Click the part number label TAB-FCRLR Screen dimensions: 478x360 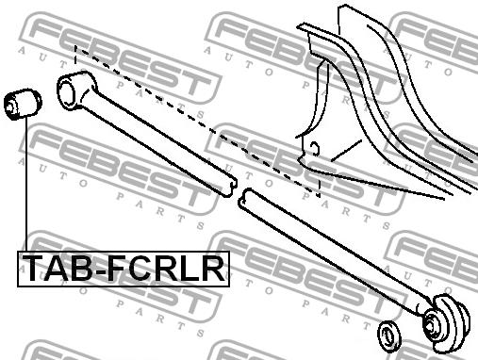[x=124, y=269]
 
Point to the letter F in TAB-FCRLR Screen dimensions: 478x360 [x=117, y=268]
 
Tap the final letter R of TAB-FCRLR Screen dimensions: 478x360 [x=212, y=268]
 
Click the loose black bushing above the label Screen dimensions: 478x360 [x=23, y=104]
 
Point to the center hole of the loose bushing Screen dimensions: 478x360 [x=10, y=106]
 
